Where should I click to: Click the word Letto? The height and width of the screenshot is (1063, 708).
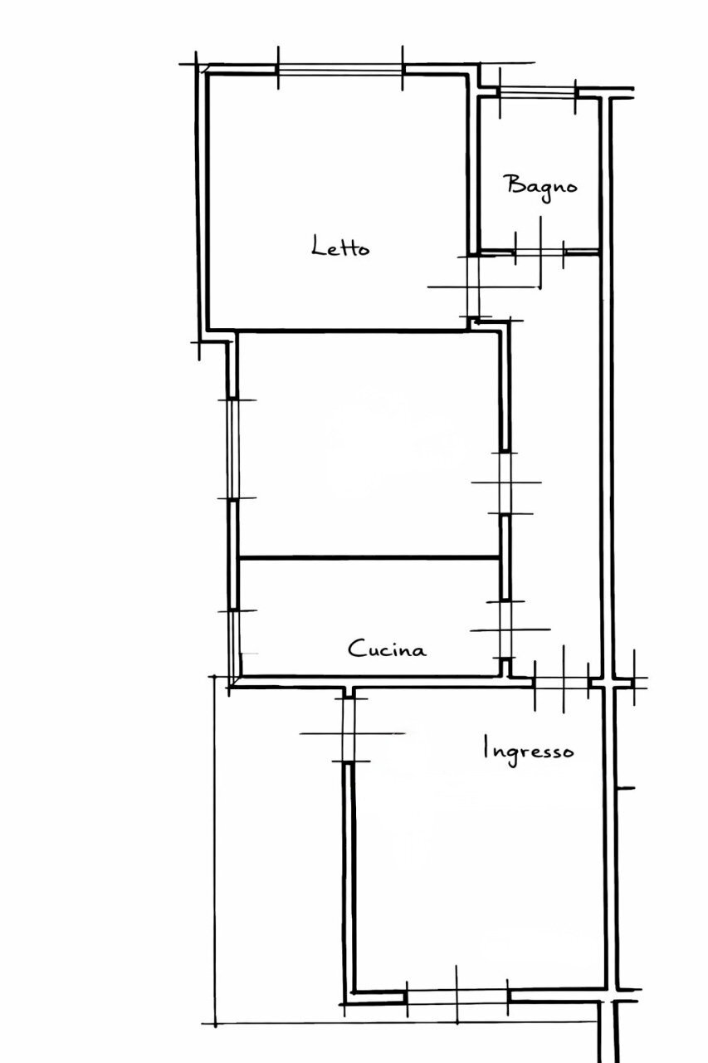click(340, 247)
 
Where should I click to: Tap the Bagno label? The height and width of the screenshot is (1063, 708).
click(541, 185)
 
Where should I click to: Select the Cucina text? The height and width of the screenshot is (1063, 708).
click(387, 649)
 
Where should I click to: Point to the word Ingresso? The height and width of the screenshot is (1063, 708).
click(529, 750)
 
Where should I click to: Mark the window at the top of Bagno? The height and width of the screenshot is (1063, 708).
click(537, 92)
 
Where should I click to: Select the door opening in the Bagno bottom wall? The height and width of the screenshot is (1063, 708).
click(540, 250)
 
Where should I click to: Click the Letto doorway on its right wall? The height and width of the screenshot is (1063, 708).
click(472, 286)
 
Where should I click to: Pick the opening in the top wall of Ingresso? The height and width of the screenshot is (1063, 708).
click(562, 683)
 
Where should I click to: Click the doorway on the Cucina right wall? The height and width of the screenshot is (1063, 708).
click(504, 629)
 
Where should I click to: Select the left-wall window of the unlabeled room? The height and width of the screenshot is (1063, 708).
click(233, 448)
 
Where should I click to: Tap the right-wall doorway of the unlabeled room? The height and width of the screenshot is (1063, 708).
click(504, 483)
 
